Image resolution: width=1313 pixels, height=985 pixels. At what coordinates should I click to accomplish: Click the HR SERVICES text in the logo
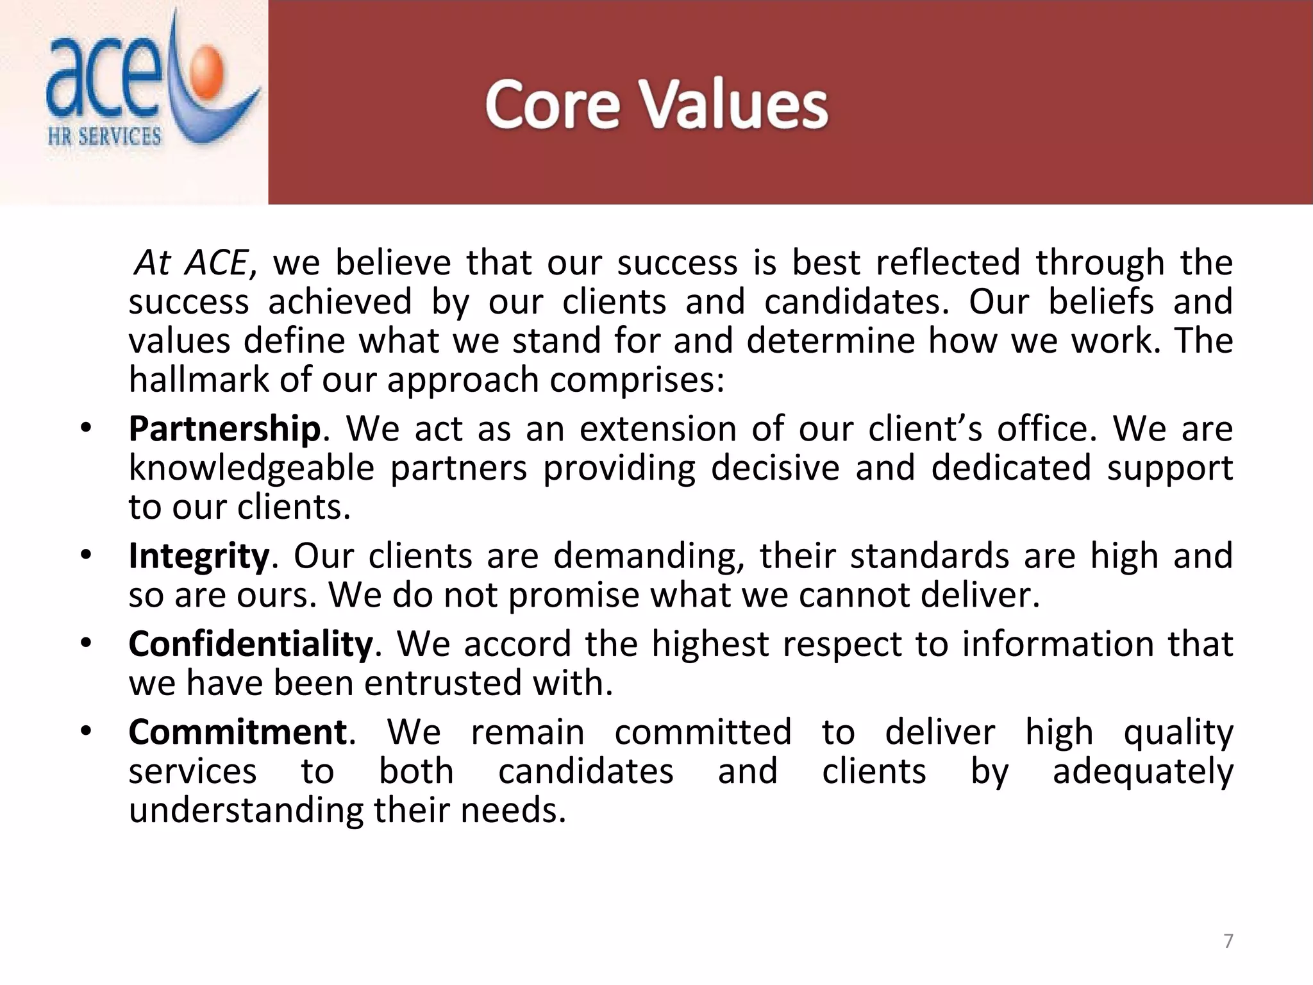pos(105,136)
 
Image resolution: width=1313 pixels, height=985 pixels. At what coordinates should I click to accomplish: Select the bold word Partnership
pos(224,429)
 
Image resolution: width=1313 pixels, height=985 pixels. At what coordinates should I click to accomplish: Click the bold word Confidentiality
pos(251,644)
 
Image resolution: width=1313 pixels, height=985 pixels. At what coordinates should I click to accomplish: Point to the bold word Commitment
pos(238,732)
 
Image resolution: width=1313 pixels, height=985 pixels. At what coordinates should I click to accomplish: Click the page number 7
pos(1228,941)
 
